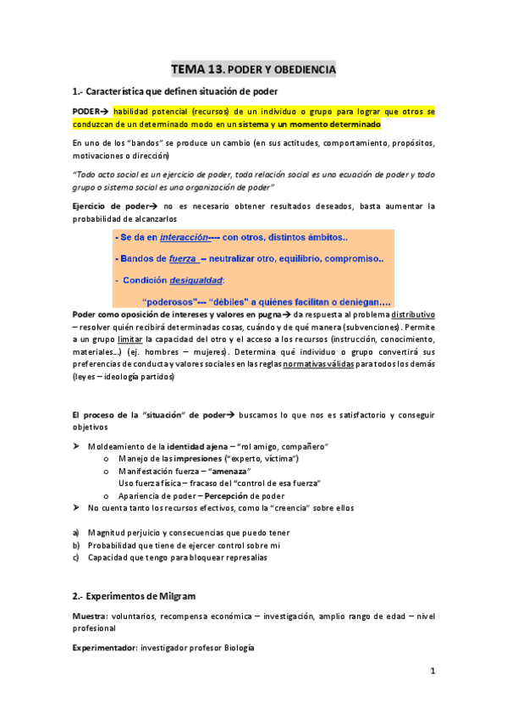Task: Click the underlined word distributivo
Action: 412,314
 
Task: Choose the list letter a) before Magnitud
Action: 76,533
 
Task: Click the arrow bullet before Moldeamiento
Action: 76,445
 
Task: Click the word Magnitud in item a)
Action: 109,533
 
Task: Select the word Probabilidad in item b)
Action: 115,545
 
